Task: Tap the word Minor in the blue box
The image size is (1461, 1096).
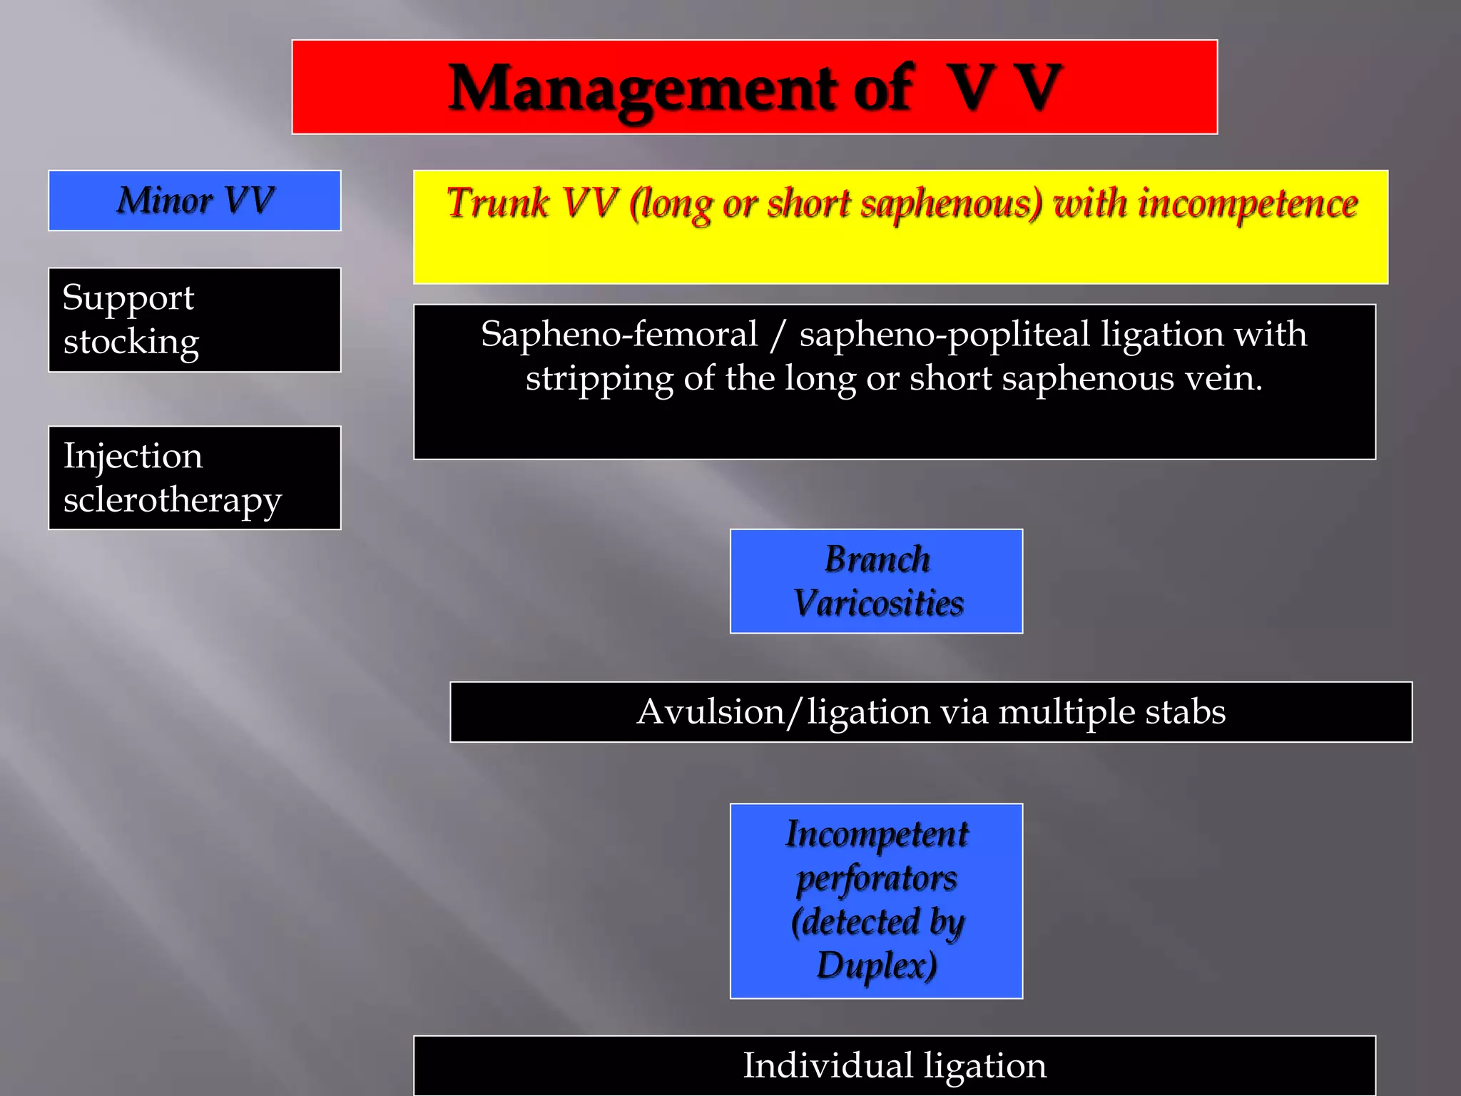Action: (x=165, y=201)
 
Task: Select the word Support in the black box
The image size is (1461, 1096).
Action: (x=128, y=298)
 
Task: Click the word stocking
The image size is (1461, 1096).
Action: (x=131, y=342)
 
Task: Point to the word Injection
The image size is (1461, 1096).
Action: (x=133, y=456)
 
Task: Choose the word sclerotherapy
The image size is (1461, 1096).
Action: (x=173, y=500)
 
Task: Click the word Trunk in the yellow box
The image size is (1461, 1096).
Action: (x=498, y=203)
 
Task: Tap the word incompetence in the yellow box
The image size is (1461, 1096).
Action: (x=1248, y=204)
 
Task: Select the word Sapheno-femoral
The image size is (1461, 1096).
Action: (x=619, y=335)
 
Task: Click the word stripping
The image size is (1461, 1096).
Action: (x=599, y=379)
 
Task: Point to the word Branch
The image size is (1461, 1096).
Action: (x=877, y=559)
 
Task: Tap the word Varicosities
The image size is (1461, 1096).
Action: (x=878, y=604)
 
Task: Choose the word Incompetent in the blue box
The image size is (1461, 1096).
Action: (x=877, y=834)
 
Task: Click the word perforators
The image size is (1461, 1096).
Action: (x=877, y=879)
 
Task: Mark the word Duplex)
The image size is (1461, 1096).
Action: (x=877, y=966)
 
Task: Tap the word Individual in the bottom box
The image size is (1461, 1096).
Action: (x=828, y=1066)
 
